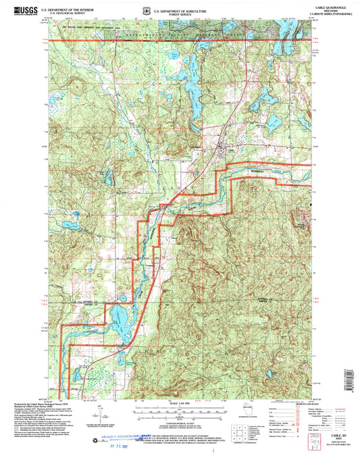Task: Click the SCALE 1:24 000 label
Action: click(x=179, y=404)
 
